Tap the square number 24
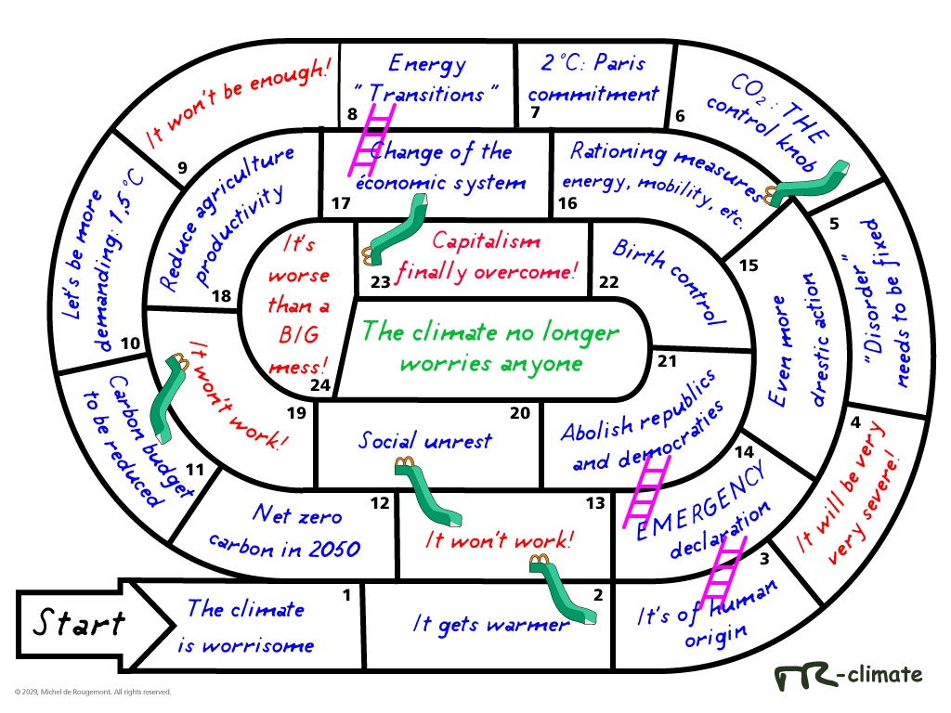click(319, 385)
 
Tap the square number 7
click(534, 113)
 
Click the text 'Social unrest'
click(424, 441)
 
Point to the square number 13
click(595, 503)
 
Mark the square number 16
click(567, 203)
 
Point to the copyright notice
click(93, 692)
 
